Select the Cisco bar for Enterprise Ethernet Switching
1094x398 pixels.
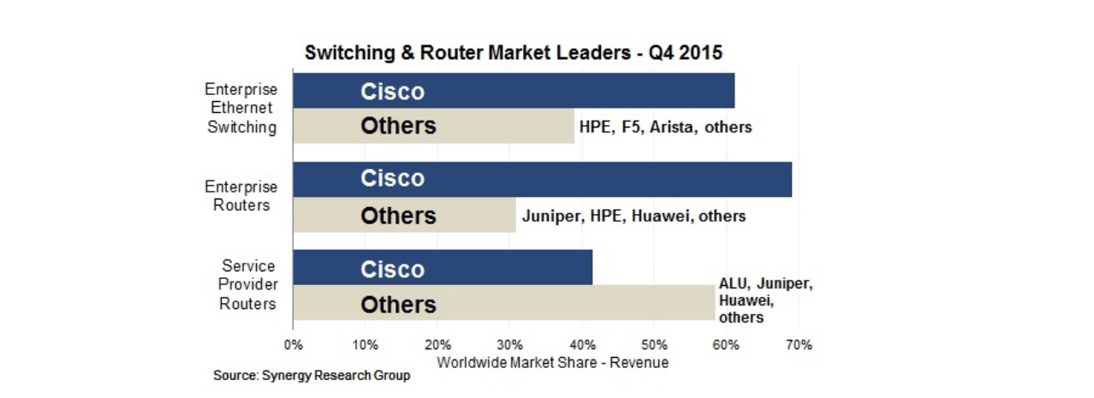[514, 92]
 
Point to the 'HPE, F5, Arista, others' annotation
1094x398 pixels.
[665, 128]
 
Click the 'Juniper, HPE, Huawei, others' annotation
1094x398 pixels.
[633, 217]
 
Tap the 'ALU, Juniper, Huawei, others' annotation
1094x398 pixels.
[764, 300]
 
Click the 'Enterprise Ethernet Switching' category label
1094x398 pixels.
[241, 109]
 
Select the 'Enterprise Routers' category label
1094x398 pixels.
[241, 196]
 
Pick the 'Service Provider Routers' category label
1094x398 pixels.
[247, 285]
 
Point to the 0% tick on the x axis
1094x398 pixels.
[293, 346]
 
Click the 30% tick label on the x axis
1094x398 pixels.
[509, 346]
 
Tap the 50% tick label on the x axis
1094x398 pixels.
[654, 346]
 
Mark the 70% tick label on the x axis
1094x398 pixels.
[798, 346]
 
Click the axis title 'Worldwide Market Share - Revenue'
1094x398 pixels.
[552, 362]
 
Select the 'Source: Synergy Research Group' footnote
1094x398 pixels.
[312, 376]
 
